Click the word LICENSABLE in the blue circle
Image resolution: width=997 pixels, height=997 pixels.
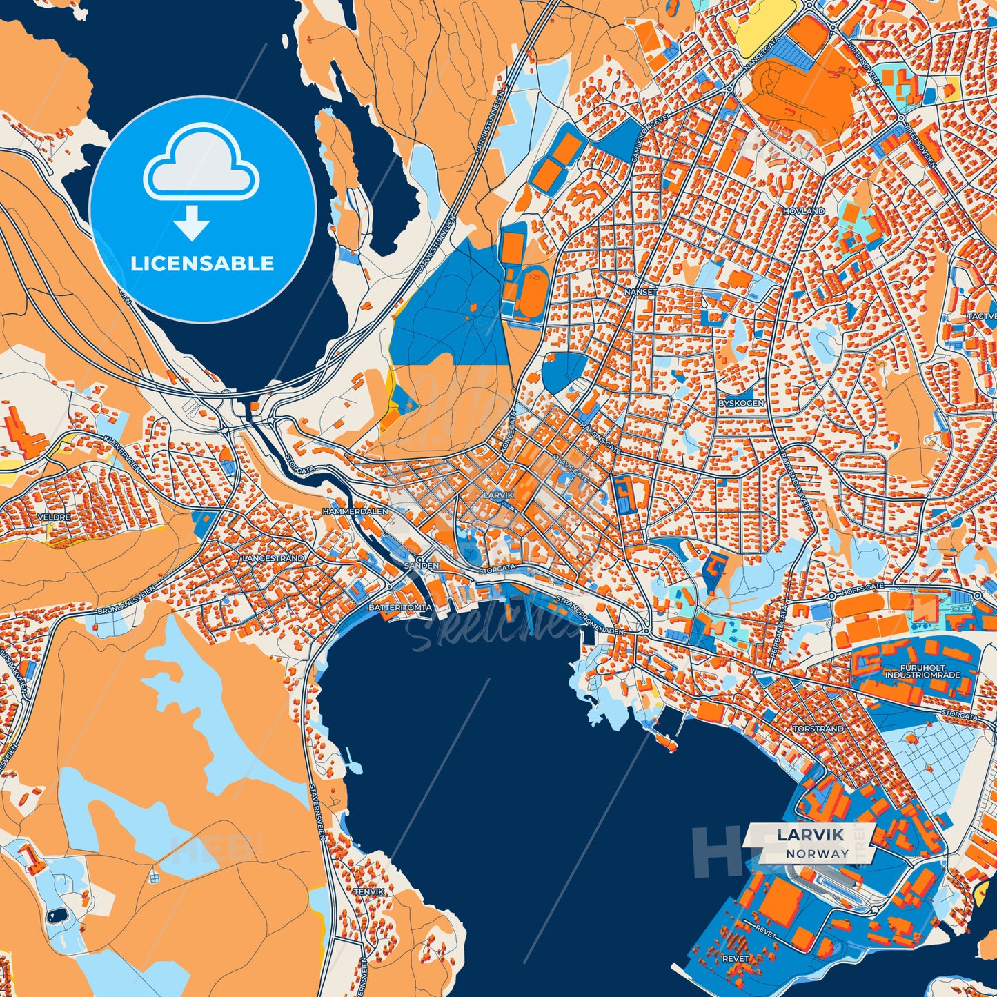[202, 264]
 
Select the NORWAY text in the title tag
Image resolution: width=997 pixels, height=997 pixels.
[818, 853]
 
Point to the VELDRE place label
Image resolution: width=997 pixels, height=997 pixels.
[53, 517]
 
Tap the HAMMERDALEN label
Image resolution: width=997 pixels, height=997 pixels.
[355, 511]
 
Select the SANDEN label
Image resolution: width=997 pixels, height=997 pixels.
[421, 565]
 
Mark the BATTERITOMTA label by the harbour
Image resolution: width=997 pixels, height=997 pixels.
[400, 608]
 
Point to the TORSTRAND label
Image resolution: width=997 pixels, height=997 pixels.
[818, 729]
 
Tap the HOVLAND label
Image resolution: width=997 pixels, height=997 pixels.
[804, 210]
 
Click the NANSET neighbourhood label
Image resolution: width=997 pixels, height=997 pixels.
[641, 292]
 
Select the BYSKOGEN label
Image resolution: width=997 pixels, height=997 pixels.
[741, 403]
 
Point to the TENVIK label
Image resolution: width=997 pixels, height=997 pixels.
[368, 892]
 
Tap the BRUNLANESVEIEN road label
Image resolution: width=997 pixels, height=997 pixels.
[127, 600]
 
